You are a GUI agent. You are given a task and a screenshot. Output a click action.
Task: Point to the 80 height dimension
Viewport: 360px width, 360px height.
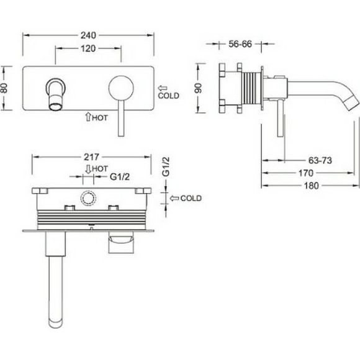point(6,89)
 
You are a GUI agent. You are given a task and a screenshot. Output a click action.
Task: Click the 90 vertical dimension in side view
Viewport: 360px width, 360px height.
point(197,89)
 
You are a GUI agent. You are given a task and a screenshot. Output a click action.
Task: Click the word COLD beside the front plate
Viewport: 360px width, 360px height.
point(169,96)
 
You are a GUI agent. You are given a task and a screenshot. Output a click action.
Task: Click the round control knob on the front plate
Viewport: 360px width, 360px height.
point(119,86)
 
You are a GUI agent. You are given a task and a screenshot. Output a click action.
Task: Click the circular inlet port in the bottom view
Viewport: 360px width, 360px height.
point(88,199)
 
